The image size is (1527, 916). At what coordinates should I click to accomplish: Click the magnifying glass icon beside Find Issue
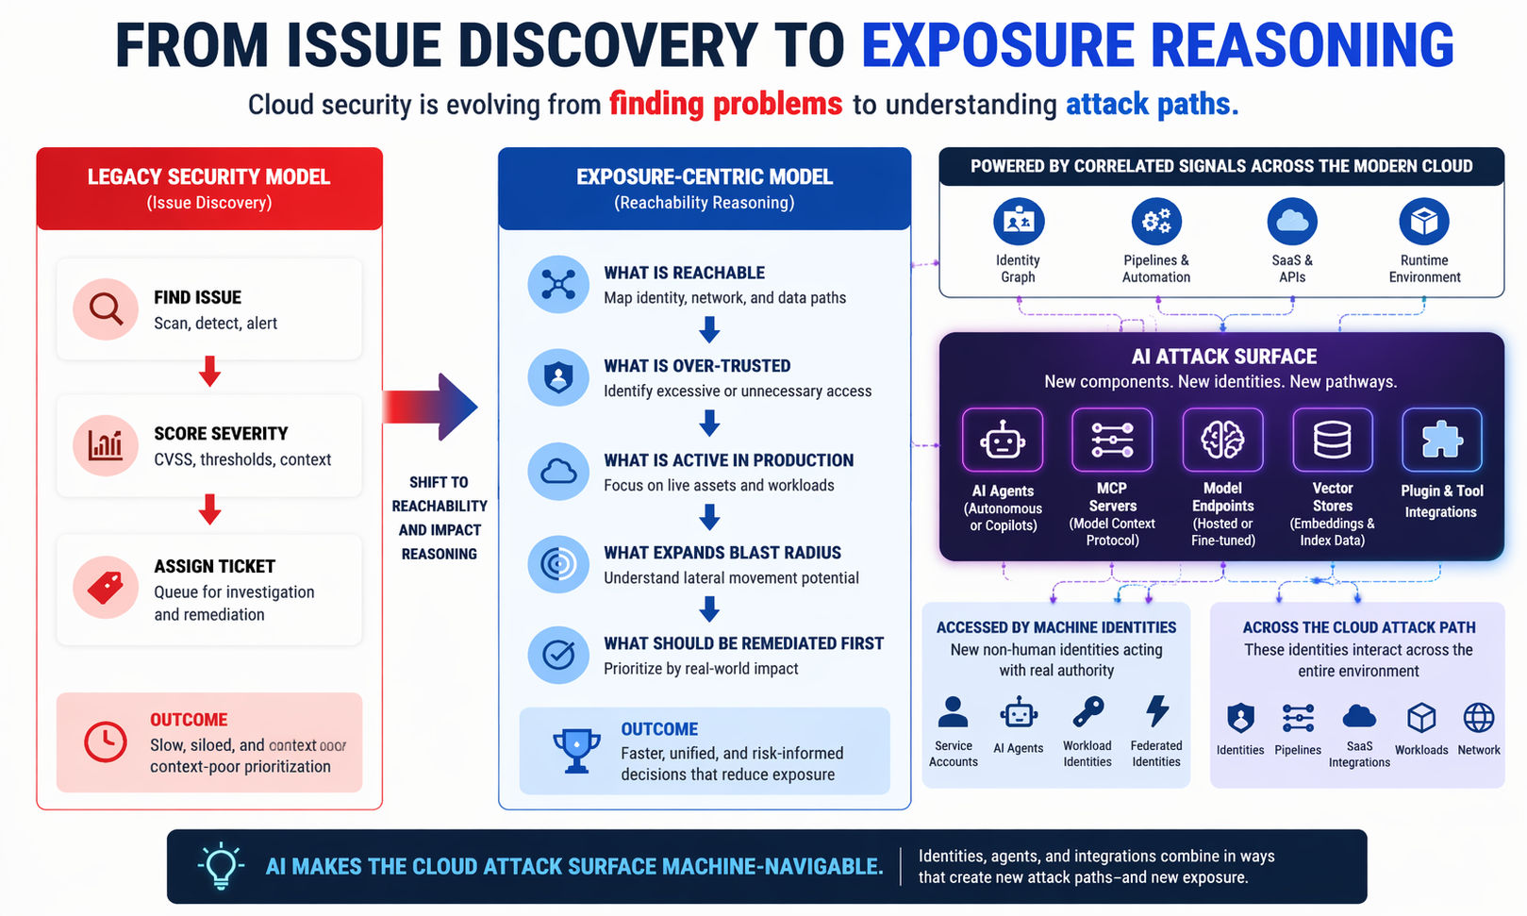[106, 308]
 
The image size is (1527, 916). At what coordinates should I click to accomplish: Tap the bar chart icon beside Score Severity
[106, 444]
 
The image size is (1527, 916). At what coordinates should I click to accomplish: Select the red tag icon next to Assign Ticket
[106, 587]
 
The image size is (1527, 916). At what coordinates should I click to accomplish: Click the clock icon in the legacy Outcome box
[106, 742]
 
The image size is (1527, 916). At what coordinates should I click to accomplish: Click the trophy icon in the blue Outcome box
[576, 751]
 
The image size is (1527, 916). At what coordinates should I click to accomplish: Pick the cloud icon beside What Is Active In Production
[558, 471]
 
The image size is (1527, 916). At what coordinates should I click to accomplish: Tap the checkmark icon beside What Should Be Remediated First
[558, 655]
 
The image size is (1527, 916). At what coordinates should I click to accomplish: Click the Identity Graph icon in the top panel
[1019, 222]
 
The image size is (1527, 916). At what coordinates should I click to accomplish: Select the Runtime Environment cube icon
[1423, 222]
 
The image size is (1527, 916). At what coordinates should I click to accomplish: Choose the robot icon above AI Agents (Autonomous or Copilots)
[1002, 440]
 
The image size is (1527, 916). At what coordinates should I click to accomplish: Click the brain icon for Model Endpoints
[1222, 440]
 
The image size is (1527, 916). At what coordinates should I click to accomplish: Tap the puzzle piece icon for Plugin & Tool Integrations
[1441, 440]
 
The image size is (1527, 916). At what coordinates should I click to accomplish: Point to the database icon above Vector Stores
[1332, 440]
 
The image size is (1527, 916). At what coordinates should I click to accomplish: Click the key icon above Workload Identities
[1087, 711]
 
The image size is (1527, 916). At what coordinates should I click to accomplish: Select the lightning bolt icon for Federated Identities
[1156, 711]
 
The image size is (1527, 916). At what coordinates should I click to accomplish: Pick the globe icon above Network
[1478, 718]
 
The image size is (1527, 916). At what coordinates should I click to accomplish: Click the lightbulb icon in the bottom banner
[221, 865]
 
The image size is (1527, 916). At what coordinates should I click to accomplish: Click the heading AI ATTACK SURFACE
[1223, 357]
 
